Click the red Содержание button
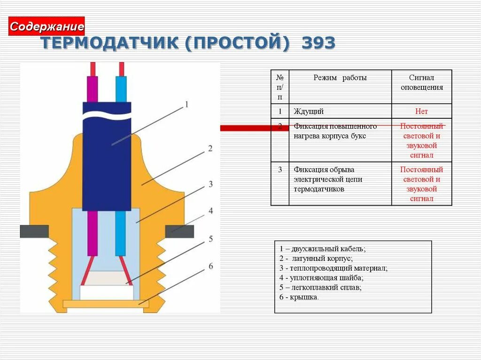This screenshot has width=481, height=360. (x=47, y=26)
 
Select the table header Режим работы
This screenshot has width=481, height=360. (x=340, y=78)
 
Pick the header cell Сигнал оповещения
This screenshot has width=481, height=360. (x=421, y=83)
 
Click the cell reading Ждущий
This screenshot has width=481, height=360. (x=309, y=111)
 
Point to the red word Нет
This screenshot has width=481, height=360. (x=421, y=111)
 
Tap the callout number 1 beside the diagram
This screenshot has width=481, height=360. (x=186, y=105)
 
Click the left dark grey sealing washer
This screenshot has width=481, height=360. (x=34, y=231)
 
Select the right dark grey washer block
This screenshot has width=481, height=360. (x=179, y=231)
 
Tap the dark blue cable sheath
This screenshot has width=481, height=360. (x=107, y=160)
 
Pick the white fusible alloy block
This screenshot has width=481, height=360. (x=106, y=292)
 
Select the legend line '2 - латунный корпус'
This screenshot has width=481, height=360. (x=316, y=259)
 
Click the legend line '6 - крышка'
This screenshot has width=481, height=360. (x=299, y=297)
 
